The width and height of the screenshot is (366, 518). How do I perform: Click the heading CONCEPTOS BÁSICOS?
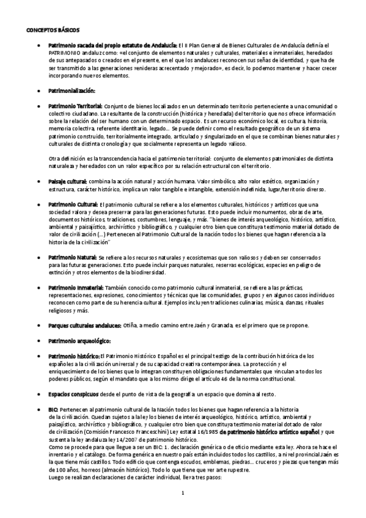(x=53, y=29)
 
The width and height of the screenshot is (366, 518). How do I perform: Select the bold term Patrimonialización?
(x=71, y=90)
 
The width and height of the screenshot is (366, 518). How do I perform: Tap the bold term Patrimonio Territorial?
(x=75, y=106)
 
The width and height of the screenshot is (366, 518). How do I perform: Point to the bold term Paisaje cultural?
(x=67, y=181)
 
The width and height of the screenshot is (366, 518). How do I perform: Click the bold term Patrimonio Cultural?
(x=73, y=203)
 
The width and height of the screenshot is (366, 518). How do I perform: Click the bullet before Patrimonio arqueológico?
(x=39, y=340)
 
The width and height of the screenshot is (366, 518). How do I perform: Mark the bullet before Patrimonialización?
(x=39, y=90)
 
